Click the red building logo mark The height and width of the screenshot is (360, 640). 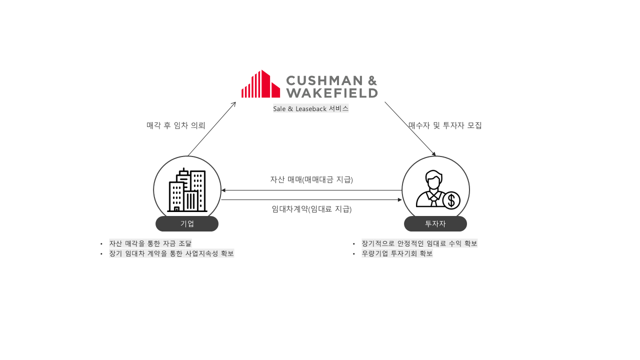[260, 84]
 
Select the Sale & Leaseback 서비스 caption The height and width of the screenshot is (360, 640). [310, 108]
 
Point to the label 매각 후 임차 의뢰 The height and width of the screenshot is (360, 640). [176, 125]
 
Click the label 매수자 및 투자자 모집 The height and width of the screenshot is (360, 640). [445, 125]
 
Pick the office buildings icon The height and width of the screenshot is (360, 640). [187, 190]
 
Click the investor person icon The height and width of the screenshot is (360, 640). [432, 188]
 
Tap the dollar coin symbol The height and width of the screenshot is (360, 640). [451, 200]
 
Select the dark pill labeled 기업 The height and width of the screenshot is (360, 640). [187, 223]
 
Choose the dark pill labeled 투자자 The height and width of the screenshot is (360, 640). [435, 223]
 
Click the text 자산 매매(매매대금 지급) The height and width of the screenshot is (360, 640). [311, 179]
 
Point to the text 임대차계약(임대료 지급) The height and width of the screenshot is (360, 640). [311, 209]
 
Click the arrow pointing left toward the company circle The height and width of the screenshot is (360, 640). [311, 190]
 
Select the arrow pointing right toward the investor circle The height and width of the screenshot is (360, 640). [311, 200]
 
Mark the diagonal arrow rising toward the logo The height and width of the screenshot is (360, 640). [211, 129]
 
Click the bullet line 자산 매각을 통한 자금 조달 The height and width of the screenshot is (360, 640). [150, 243]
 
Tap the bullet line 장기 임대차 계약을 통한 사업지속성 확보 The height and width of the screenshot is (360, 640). [171, 253]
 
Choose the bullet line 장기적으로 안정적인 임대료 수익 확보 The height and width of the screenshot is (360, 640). [419, 243]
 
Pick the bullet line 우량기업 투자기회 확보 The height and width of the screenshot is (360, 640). [397, 253]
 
